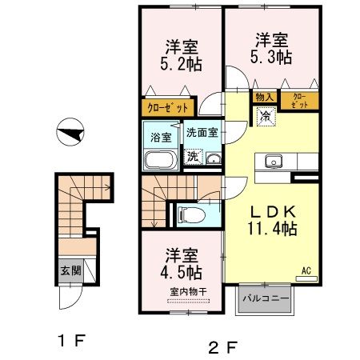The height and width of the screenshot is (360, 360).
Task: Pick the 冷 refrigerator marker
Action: click(x=264, y=115)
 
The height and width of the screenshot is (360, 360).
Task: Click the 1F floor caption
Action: click(x=70, y=340)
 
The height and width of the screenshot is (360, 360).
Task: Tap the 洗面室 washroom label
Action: click(x=203, y=133)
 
